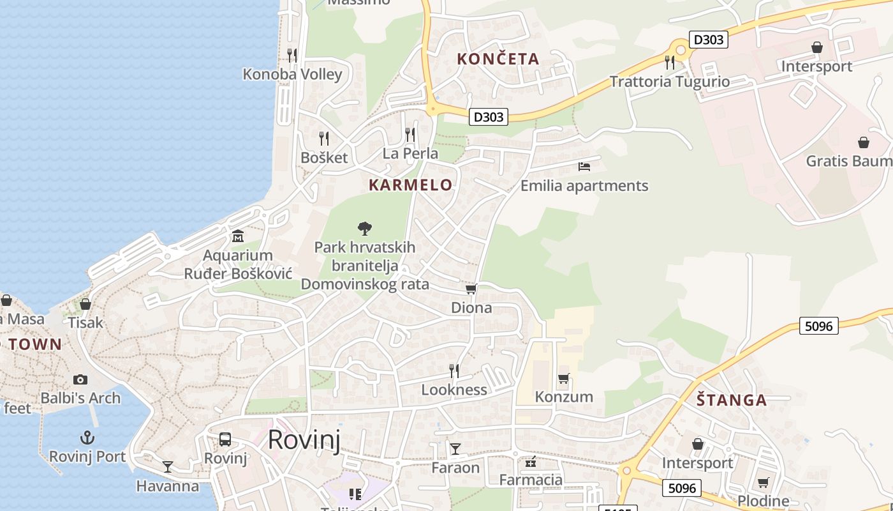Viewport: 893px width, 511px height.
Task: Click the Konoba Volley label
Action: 292,74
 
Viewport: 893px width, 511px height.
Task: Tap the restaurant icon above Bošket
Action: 324,138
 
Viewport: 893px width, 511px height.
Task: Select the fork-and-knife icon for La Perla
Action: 410,134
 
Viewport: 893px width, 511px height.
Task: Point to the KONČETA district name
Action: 498,59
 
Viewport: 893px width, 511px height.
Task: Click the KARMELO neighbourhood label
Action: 411,185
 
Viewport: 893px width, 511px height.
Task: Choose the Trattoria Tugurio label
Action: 670,82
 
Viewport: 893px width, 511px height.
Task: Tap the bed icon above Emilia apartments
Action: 584,167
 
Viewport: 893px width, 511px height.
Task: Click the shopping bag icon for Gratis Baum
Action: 863,142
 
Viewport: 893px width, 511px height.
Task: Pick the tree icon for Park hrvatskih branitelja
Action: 365,228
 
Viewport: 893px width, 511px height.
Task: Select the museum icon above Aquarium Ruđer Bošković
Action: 238,236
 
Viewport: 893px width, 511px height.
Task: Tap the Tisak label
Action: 85,323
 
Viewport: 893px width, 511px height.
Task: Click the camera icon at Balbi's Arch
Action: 80,379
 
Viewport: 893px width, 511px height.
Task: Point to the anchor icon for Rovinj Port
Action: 87,438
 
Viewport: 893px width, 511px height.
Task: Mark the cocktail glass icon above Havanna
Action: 168,467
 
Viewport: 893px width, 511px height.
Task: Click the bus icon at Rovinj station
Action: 225,439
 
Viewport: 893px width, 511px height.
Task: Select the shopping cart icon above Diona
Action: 471,289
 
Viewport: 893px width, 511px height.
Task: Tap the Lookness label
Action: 454,390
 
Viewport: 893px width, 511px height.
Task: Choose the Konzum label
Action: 564,397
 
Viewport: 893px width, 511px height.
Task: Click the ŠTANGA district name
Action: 731,400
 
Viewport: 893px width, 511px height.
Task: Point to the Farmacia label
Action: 531,480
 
